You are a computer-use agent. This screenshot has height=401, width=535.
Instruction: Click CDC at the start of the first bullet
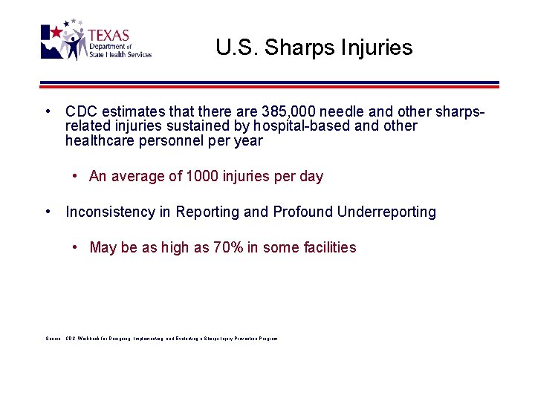(80, 111)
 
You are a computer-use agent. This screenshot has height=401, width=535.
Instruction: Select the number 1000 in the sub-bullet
(201, 177)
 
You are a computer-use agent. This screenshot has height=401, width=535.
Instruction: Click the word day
(311, 177)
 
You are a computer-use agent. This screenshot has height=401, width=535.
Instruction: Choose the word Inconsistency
(110, 212)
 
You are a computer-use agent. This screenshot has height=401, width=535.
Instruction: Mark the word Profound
(303, 212)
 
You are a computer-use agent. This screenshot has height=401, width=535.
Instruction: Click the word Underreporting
(386, 212)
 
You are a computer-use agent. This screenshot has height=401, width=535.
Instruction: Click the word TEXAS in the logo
(108, 36)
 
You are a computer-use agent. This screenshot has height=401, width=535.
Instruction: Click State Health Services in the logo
(120, 54)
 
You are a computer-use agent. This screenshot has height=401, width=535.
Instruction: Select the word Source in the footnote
(52, 339)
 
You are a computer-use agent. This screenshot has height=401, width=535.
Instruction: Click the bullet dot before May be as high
(77, 248)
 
